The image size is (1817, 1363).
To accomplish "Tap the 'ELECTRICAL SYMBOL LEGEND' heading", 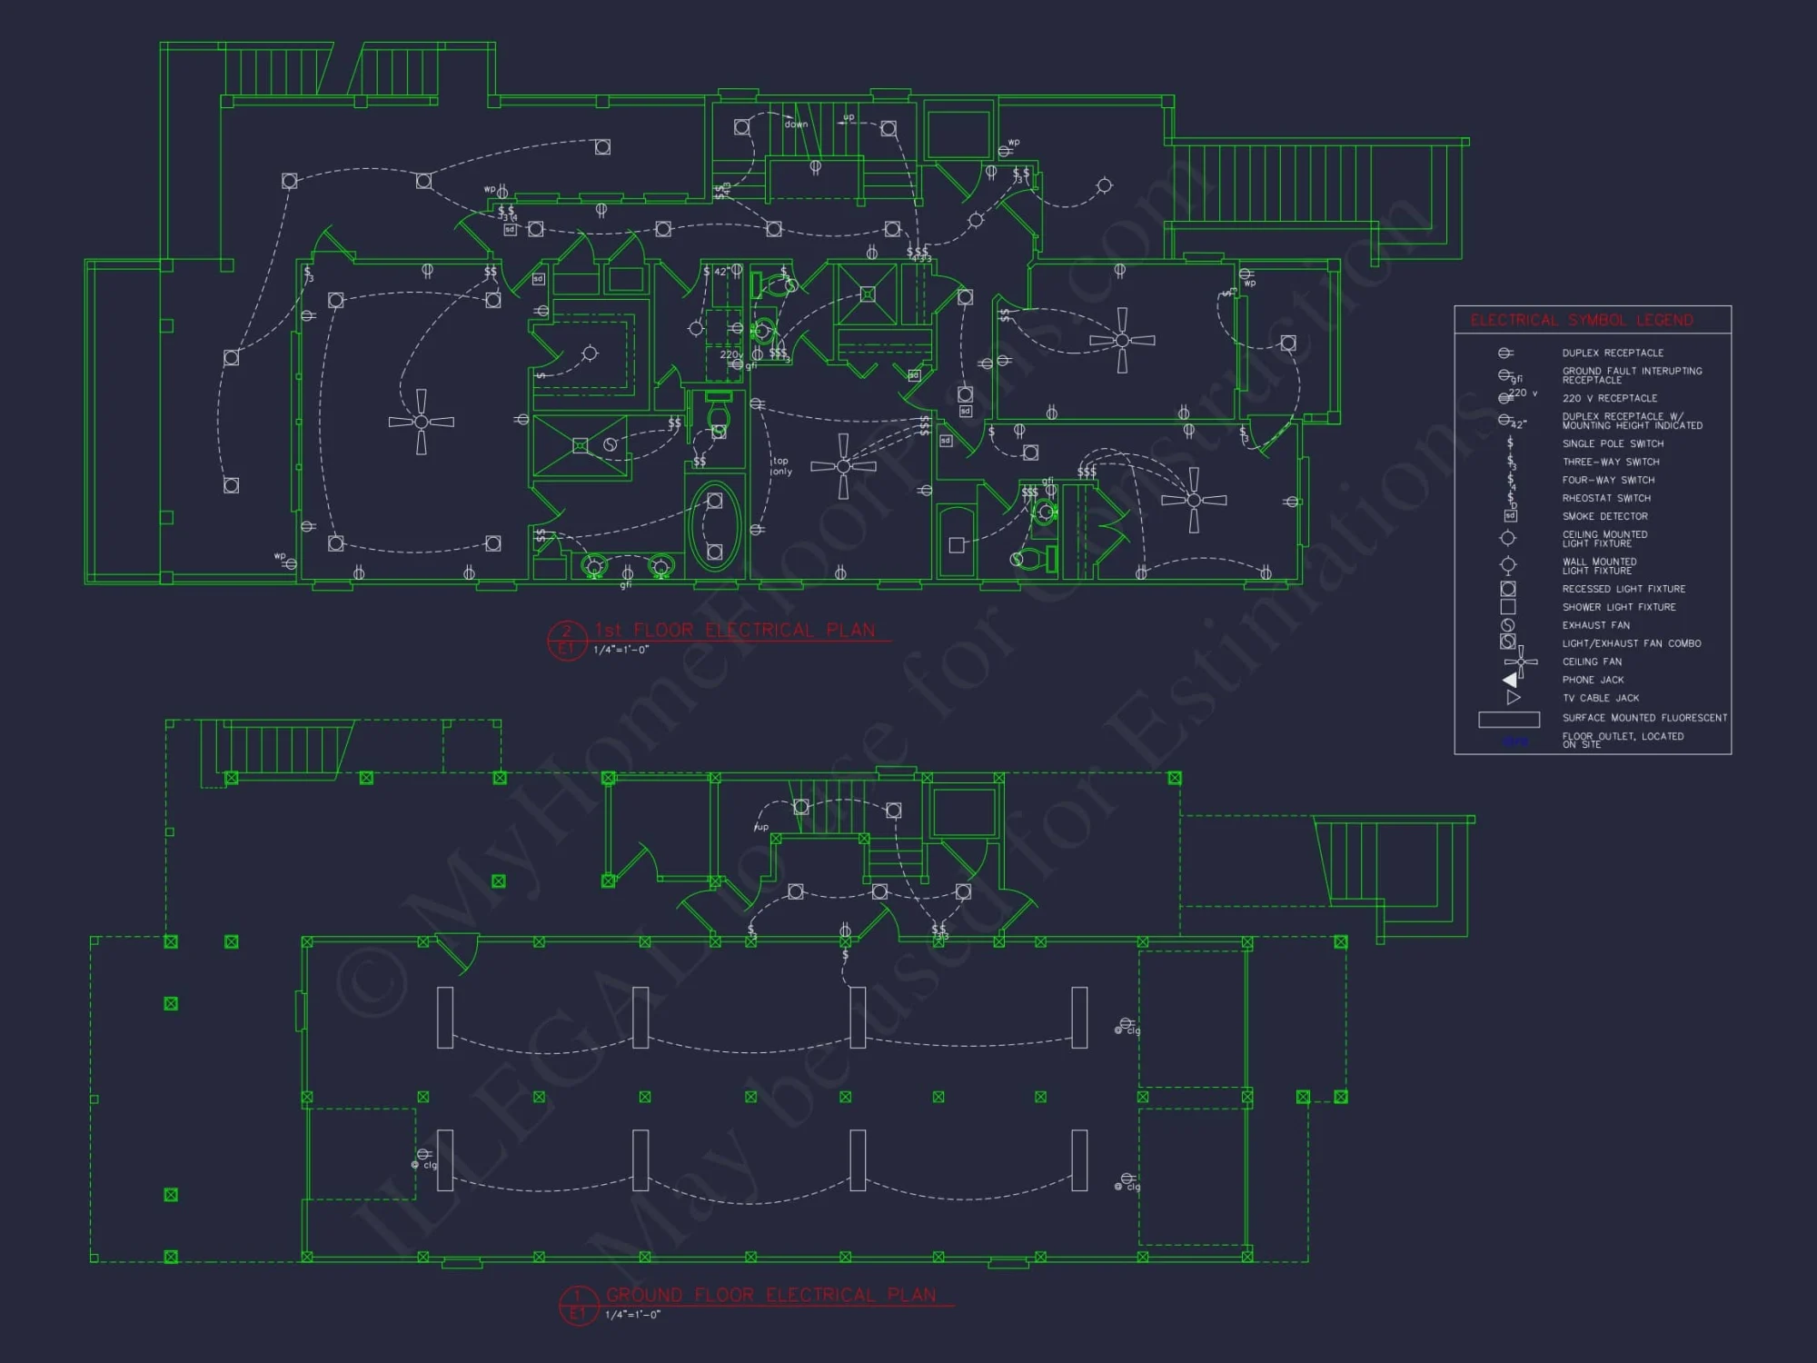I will coord(1582,321).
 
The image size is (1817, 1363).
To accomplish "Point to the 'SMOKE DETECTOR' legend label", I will coord(1604,516).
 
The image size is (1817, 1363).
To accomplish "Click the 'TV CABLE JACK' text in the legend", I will coord(1600,698).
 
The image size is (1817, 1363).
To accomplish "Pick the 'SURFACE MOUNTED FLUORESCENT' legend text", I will coord(1644,718).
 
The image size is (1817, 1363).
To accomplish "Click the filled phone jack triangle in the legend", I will coord(1510,680).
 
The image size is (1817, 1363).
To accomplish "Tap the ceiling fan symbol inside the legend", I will coord(1520,662).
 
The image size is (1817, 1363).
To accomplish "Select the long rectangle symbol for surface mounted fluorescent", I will coord(1509,720).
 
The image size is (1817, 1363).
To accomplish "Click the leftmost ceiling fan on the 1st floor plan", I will coord(421,422).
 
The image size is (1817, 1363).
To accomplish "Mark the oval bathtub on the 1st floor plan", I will coord(715,525).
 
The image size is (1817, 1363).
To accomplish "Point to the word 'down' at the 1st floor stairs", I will coord(796,124).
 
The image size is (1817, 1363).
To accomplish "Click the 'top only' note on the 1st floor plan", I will coord(781,466).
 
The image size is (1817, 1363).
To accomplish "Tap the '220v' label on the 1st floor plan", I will coord(730,354).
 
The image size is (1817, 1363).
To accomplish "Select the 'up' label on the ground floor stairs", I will coord(761,827).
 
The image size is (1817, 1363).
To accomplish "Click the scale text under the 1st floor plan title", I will coord(621,651).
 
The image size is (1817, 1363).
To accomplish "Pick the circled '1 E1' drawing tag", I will coord(578,1305).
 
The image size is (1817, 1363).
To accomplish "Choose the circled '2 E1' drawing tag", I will coord(566,640).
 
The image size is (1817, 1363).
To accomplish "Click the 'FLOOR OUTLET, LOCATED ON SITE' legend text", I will coord(1623,740).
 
